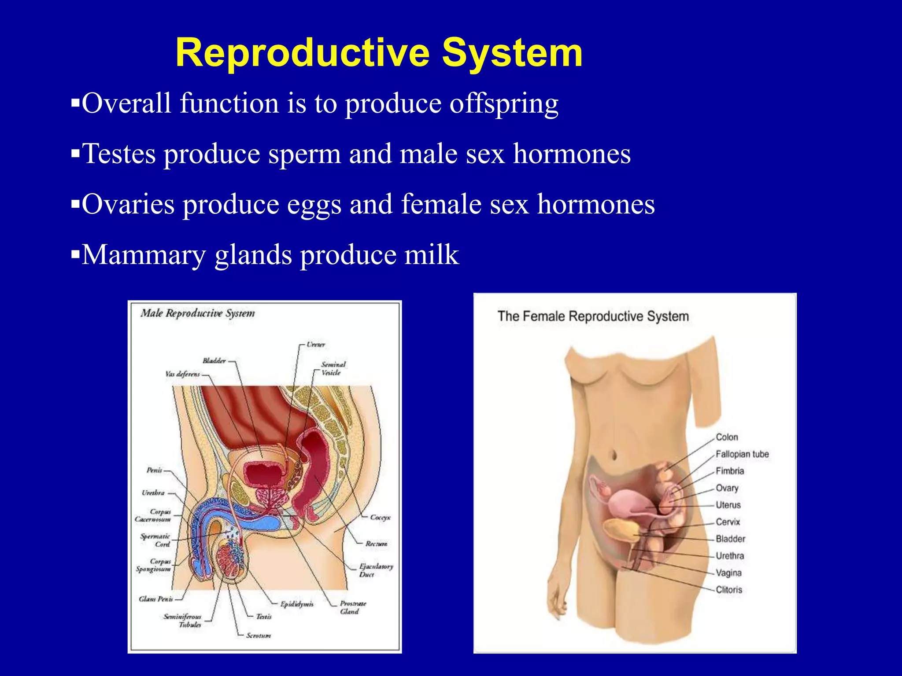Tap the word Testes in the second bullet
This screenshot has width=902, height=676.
click(119, 154)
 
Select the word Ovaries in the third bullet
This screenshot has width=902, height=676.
click(128, 205)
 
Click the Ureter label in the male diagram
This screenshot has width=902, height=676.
click(316, 345)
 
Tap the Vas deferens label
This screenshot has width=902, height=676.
click(182, 374)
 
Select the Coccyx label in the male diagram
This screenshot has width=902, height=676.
click(380, 518)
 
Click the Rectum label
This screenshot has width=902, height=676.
click(376, 544)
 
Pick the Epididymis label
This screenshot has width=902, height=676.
click(297, 604)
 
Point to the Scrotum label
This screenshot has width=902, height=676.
click(259, 636)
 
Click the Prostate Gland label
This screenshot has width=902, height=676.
click(352, 607)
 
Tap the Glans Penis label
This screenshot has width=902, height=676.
click(156, 599)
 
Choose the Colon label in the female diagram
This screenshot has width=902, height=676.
click(727, 437)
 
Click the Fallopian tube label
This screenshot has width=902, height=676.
click(742, 454)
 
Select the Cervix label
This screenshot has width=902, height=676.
click(728, 522)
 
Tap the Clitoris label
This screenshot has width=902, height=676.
click(729, 590)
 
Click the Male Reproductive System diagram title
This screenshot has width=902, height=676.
click(198, 313)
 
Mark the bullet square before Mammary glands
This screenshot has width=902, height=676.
click(75, 254)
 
